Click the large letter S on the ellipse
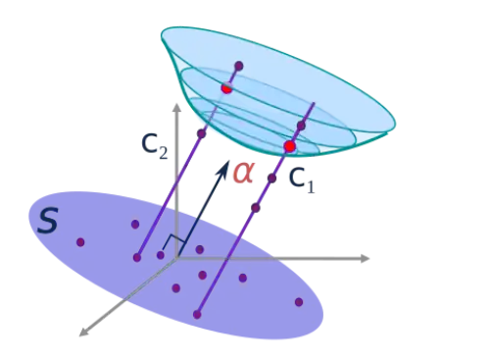tap(48, 221)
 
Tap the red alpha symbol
tap(243, 172)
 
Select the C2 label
tap(154, 146)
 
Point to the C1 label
tap(302, 180)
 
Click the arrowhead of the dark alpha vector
tap(224, 169)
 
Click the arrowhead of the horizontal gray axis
tap(365, 258)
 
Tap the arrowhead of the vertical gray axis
tap(176, 108)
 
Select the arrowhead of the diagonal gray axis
tap(84, 332)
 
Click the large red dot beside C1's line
tap(290, 146)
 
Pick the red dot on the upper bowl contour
tap(226, 88)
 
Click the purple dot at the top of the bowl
tap(239, 66)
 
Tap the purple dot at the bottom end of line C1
tap(197, 315)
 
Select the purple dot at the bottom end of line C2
tap(137, 258)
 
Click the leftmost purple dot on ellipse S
tap(80, 242)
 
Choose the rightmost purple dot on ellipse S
tap(299, 302)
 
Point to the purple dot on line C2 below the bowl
tap(202, 133)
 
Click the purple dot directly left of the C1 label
tap(271, 179)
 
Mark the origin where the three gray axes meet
tap(176, 258)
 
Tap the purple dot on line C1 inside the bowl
tap(301, 126)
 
